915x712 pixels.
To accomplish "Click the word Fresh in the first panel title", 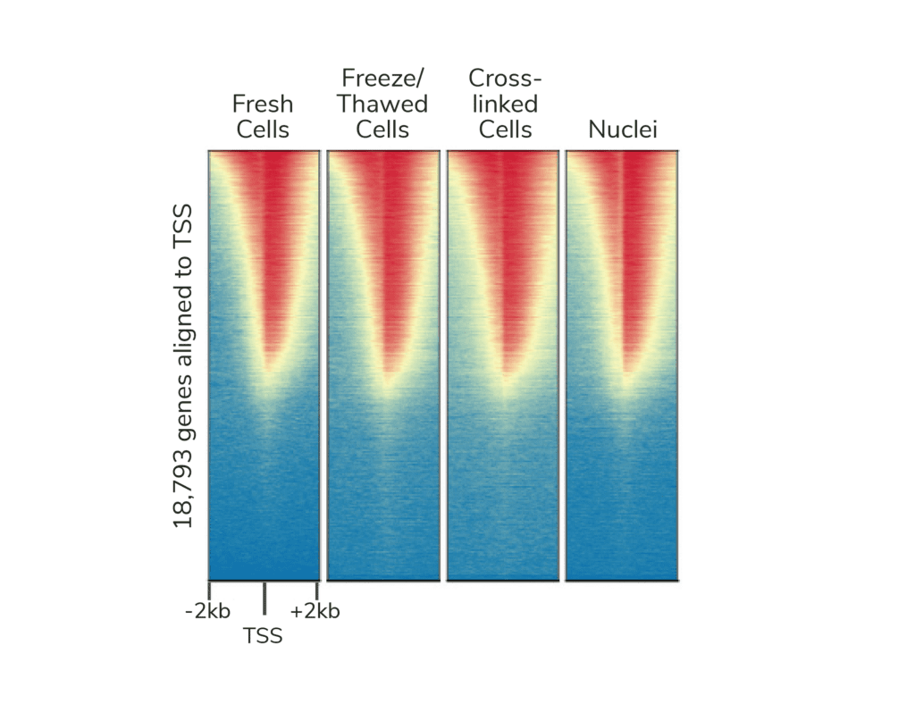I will [x=263, y=104].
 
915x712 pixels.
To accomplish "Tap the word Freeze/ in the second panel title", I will [x=382, y=78].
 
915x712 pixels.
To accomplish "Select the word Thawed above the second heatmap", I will [x=382, y=104].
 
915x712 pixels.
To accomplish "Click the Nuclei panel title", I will [x=623, y=130].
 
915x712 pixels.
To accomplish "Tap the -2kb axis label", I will [x=207, y=612].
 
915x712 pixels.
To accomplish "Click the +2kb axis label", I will [x=315, y=612].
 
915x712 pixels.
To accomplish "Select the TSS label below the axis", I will [x=263, y=637].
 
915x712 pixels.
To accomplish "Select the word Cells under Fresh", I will [x=263, y=130].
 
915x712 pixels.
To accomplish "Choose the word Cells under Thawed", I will [x=382, y=130].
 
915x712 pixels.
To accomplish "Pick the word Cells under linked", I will [x=505, y=130].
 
